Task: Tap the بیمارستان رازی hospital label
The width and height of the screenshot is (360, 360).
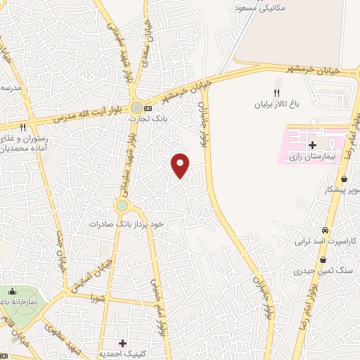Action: pos(310,158)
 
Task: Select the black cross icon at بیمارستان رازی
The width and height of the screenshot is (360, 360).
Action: pos(312,144)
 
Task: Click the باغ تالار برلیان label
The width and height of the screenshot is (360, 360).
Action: pos(296,103)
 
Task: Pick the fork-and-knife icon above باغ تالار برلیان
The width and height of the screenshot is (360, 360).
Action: pos(276,93)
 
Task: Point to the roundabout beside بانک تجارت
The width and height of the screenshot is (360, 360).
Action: pos(135,108)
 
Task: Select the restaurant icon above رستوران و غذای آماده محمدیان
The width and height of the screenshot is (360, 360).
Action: pos(23,127)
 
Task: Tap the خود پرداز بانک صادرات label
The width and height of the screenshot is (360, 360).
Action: pos(126,223)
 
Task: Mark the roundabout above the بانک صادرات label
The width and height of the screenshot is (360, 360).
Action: pos(123,205)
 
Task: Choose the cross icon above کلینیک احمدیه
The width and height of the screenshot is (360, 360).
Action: pos(123,343)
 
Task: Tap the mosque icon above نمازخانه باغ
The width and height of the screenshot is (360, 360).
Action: pos(11,292)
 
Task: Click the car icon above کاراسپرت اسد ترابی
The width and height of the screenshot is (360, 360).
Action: pos(324,231)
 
